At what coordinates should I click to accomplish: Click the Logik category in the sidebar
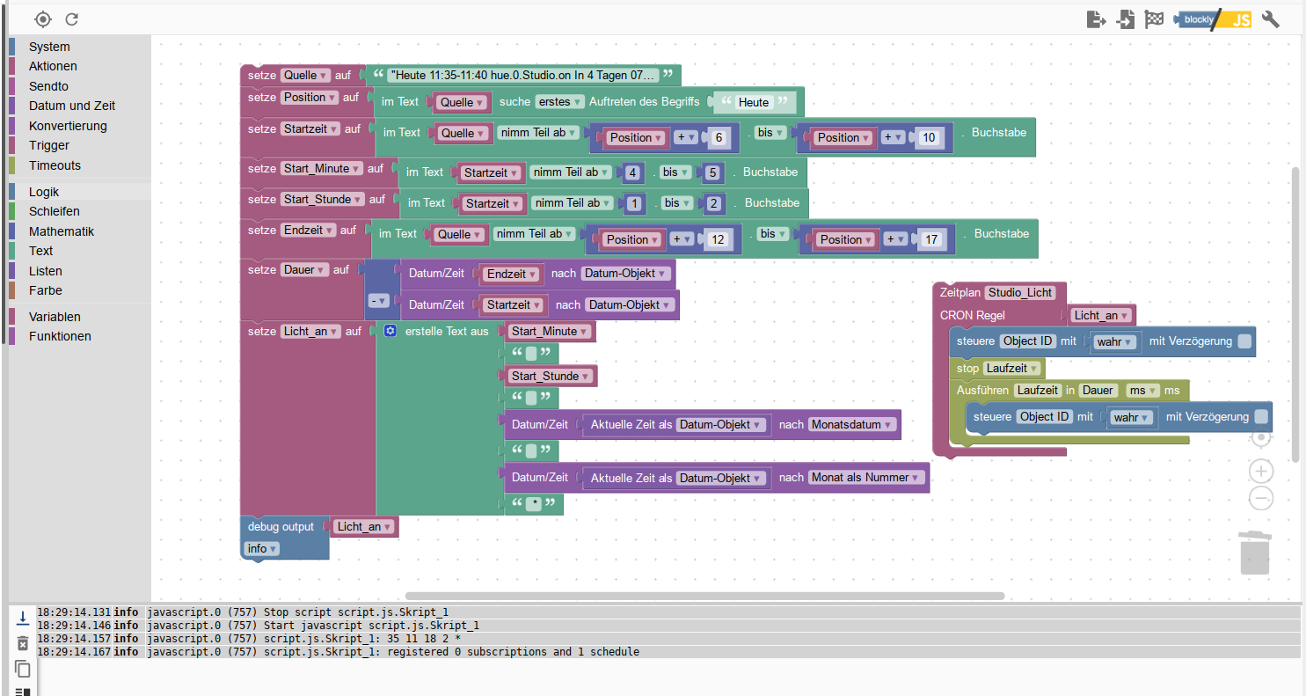[x=44, y=192]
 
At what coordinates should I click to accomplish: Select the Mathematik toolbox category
[x=62, y=231]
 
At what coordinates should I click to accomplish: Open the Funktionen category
[x=60, y=336]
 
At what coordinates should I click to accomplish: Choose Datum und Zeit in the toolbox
[x=72, y=106]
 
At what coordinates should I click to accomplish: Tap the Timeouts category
[x=55, y=165]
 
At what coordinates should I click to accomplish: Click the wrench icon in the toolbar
[x=1270, y=19]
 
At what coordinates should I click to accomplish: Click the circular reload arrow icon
[x=72, y=19]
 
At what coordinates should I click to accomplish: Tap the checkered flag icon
[x=1154, y=19]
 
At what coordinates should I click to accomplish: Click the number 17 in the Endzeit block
[x=931, y=239]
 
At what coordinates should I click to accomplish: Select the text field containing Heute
[x=754, y=102]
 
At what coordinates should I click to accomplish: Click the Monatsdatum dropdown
[x=852, y=424]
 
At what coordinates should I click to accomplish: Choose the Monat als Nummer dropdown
[x=866, y=478]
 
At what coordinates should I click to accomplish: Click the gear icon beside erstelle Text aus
[x=390, y=331]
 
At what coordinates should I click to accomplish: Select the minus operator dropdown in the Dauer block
[x=378, y=301]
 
